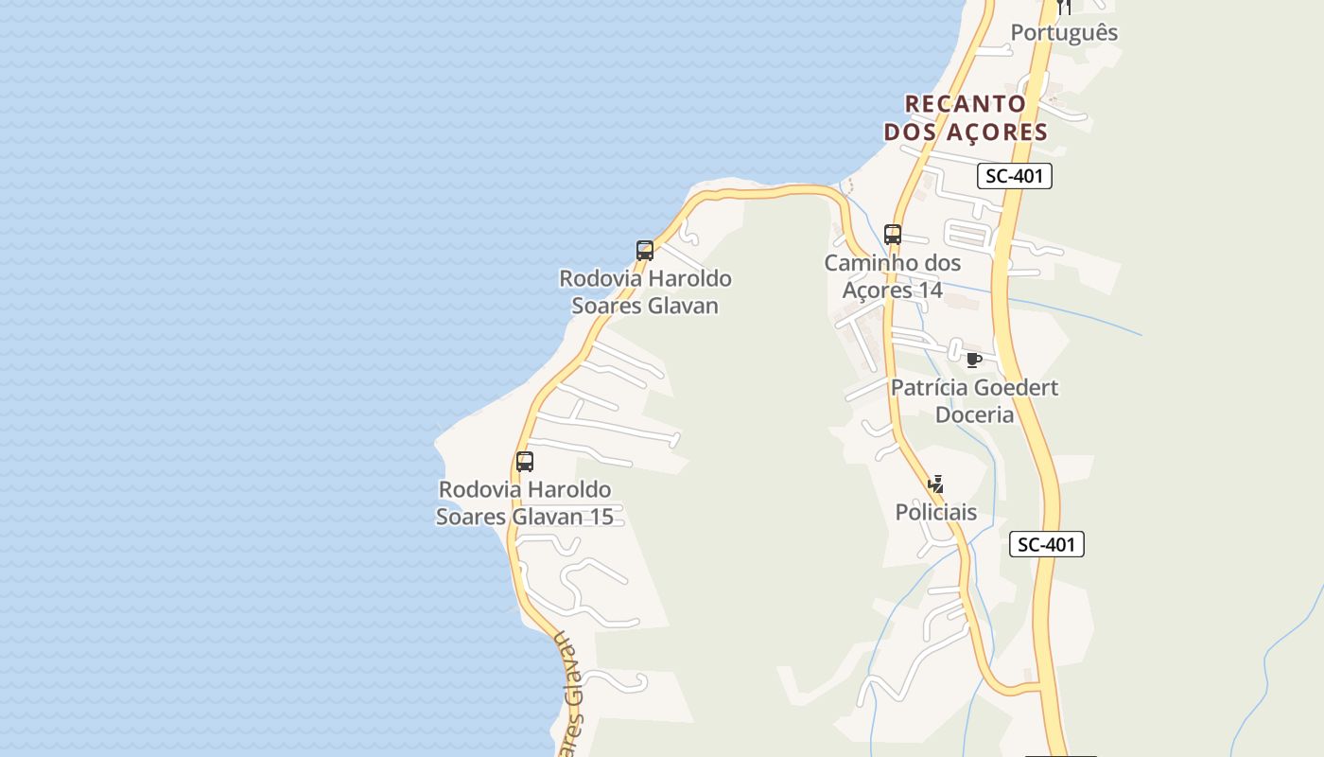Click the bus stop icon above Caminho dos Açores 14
pyautogui.click(x=892, y=235)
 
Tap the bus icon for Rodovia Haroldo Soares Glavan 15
pyautogui.click(x=525, y=462)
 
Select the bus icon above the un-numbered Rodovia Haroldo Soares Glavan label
pyautogui.click(x=645, y=251)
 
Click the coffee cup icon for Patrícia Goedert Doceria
pyautogui.click(x=974, y=360)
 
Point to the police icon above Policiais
pyautogui.click(x=936, y=485)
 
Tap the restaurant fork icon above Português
pyautogui.click(x=1064, y=7)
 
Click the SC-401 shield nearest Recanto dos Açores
pyautogui.click(x=1014, y=176)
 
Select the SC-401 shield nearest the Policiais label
pyautogui.click(x=1046, y=544)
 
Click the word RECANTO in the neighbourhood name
pyautogui.click(x=966, y=104)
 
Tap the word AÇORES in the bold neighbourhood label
pyautogui.click(x=993, y=132)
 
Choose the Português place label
pyautogui.click(x=1064, y=33)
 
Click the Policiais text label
pyautogui.click(x=935, y=513)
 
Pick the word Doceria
pyautogui.click(x=974, y=415)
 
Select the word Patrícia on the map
pyautogui.click(x=929, y=388)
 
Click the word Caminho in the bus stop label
pyautogui.click(x=865, y=263)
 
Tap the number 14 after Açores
pyautogui.click(x=930, y=290)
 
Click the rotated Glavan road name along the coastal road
pyautogui.click(x=569, y=705)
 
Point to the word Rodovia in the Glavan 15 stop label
pyautogui.click(x=479, y=490)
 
